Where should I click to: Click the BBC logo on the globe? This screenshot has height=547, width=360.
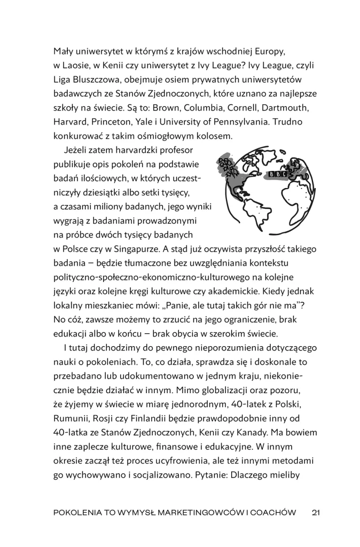pyautogui.click(x=278, y=174)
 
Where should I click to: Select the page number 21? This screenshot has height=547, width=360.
pyautogui.click(x=315, y=513)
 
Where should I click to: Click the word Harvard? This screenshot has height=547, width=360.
pyautogui.click(x=71, y=122)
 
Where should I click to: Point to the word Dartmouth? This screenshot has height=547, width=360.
pyautogui.click(x=291, y=108)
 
